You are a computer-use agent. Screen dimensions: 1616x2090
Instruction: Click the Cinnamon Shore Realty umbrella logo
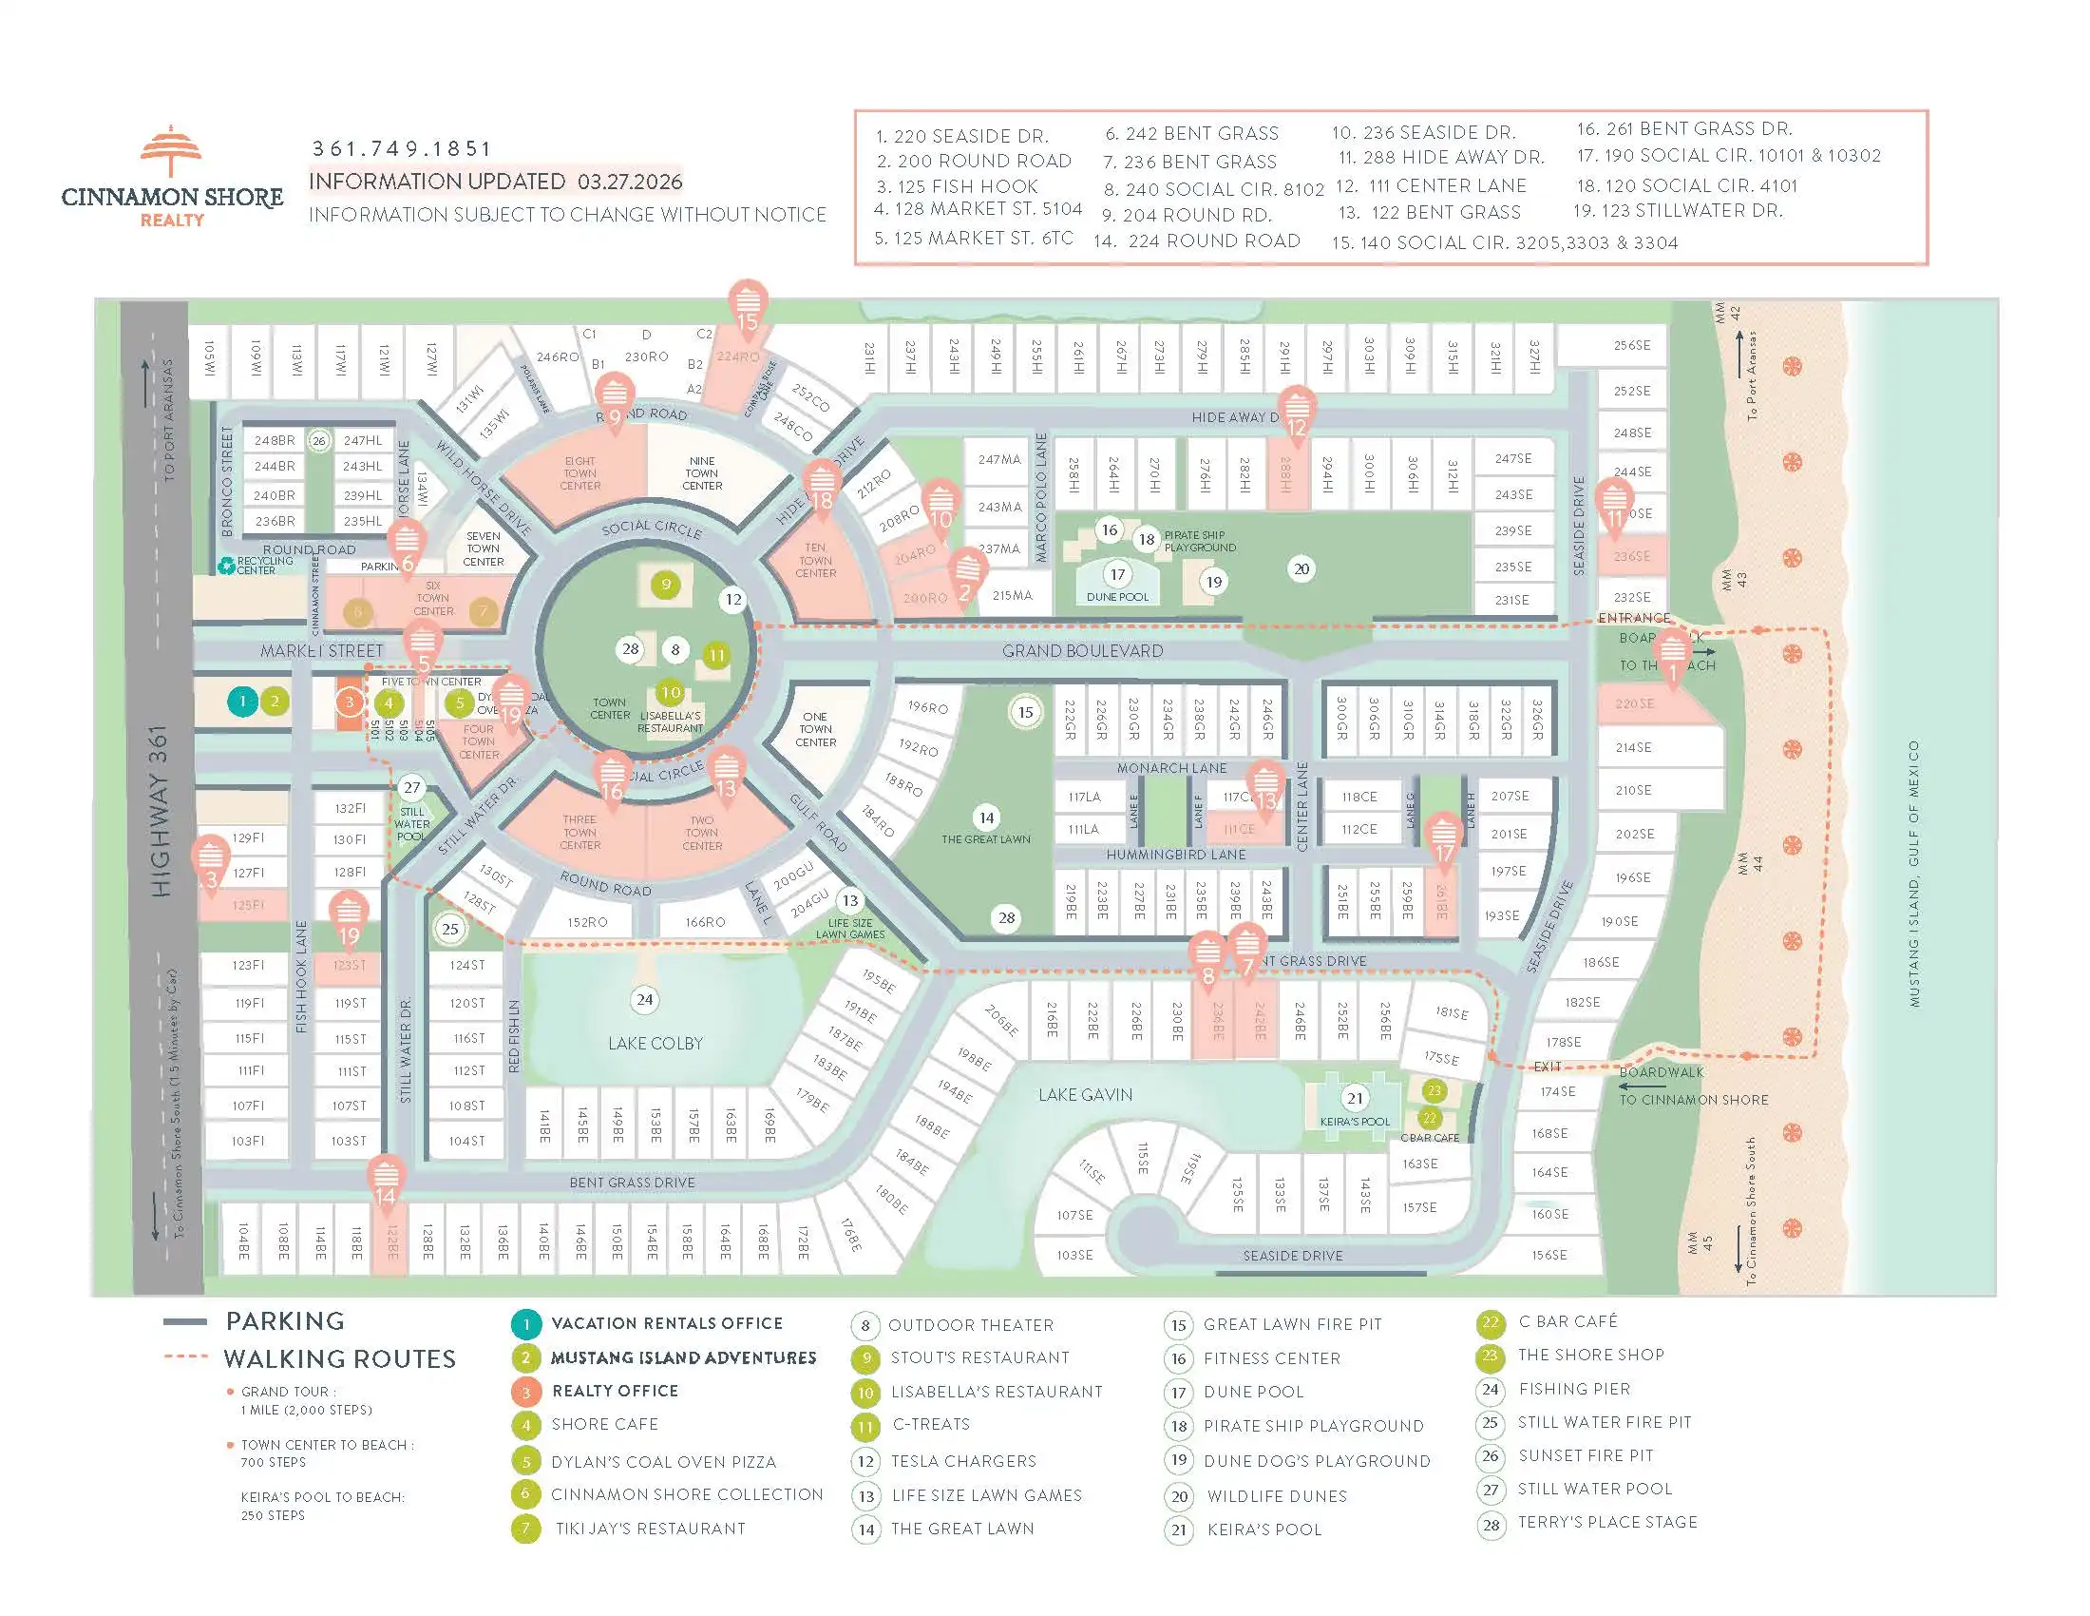[x=171, y=152]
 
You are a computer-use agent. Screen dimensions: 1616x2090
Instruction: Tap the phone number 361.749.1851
[x=402, y=149]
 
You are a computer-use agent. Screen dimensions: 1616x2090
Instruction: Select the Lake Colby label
[x=655, y=1043]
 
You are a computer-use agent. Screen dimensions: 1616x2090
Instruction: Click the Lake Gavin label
[x=1085, y=1094]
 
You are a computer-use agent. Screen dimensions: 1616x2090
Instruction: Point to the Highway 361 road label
[x=160, y=811]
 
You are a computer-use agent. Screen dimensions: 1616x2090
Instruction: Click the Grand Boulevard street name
[x=1082, y=651]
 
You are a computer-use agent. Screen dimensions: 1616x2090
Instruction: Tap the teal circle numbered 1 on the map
[x=243, y=701]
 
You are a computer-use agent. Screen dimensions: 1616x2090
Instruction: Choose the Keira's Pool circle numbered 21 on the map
[x=1355, y=1098]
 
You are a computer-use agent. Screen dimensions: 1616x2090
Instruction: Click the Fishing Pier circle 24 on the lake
[x=645, y=999]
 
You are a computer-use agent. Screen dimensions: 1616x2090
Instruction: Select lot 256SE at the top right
[x=1631, y=345]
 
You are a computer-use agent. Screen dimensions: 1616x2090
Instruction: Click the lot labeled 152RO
[x=586, y=922]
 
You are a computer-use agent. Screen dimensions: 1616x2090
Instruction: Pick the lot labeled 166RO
[x=705, y=922]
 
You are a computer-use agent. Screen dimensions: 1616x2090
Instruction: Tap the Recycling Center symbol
[x=226, y=566]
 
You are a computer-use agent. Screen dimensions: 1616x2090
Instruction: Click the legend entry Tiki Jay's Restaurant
[x=650, y=1529]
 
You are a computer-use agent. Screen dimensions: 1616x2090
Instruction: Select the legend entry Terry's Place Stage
[x=1606, y=1522]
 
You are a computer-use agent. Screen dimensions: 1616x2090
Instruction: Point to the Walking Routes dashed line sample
[x=185, y=1356]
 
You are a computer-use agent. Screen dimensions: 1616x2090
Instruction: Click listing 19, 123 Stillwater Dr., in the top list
[x=1678, y=211]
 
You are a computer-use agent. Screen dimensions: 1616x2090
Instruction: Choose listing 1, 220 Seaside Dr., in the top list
[x=961, y=136]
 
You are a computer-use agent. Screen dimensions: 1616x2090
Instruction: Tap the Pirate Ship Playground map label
[x=1199, y=542]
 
